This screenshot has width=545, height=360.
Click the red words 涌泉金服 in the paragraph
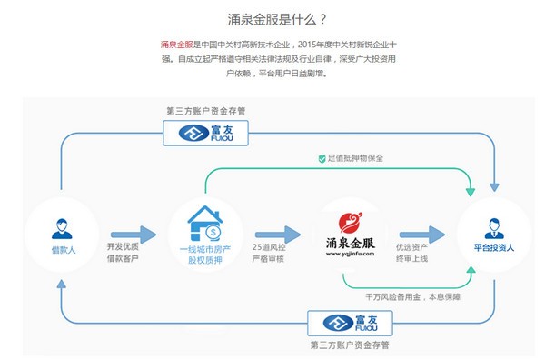(176, 45)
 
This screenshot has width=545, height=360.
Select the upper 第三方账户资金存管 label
(205, 111)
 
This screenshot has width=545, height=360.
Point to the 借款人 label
(61, 248)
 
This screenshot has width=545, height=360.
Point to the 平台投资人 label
(494, 248)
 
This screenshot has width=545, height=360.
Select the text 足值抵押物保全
(356, 158)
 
